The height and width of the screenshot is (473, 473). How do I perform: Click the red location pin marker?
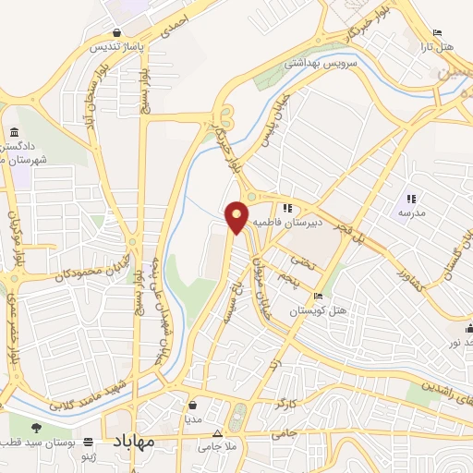(236, 216)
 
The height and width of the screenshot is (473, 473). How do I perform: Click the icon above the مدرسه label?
(411, 199)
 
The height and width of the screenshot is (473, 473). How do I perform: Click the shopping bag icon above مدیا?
(191, 404)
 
